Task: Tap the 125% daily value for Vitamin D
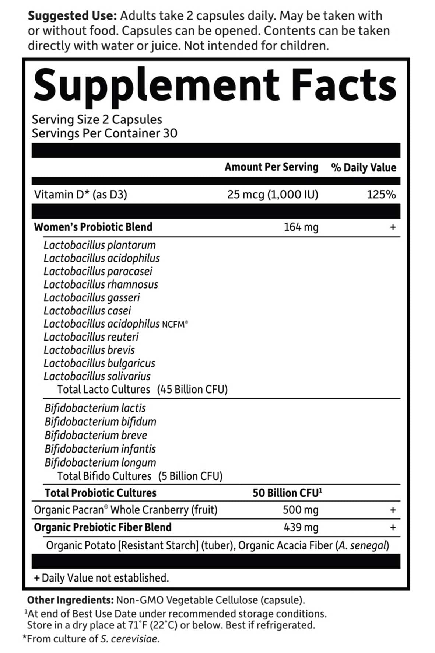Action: point(381,194)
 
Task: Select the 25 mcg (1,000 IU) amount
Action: point(273,194)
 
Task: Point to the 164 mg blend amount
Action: point(301,227)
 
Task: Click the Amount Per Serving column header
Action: point(271,167)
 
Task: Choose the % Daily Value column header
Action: point(364,167)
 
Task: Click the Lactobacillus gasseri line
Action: point(92,297)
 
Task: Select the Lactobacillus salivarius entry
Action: point(97,376)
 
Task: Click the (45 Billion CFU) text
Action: point(192,390)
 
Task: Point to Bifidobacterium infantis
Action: point(100,449)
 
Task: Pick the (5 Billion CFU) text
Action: point(190,476)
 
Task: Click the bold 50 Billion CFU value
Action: point(287,493)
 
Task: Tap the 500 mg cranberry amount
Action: point(301,510)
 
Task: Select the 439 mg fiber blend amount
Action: point(301,527)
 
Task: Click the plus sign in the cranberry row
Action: point(393,510)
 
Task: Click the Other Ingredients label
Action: point(70,600)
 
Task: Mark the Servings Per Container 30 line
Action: point(105,133)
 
